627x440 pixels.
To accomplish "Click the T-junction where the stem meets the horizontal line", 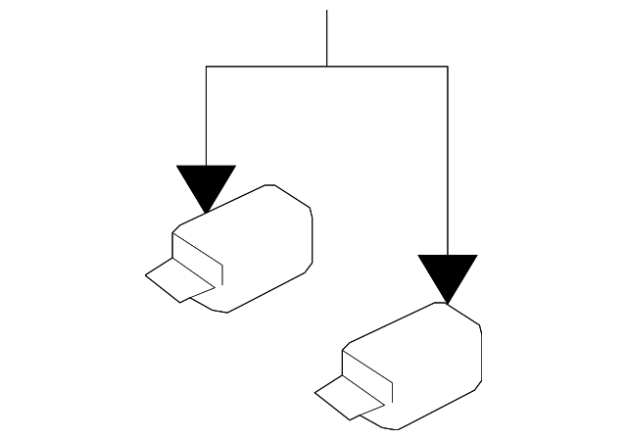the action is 326,66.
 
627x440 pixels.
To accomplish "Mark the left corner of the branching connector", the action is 206,66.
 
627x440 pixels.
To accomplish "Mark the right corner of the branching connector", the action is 448,66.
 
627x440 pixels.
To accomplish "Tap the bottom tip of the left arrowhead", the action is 206,212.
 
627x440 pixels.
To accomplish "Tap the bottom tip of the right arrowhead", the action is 448,303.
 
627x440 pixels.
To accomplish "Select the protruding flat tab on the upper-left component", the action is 176,279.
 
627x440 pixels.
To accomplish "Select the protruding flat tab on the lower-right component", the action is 345,395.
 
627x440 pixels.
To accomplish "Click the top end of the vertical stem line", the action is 326,12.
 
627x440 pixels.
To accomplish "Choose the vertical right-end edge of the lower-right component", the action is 481,353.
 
